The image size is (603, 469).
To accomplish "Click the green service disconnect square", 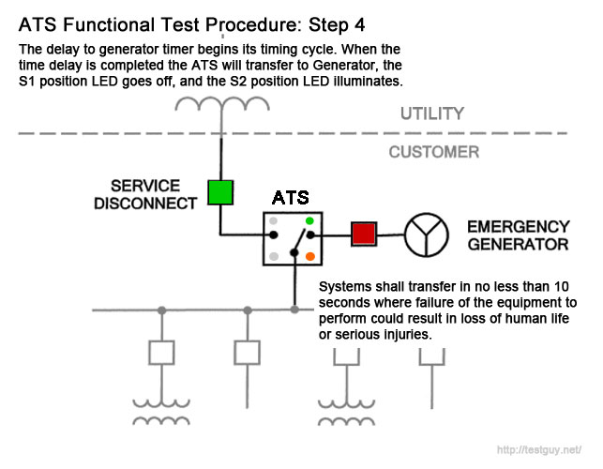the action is (220, 192).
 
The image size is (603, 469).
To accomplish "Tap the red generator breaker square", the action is (364, 234).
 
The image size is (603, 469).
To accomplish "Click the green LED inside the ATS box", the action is (309, 220).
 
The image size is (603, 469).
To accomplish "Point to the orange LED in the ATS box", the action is (310, 256).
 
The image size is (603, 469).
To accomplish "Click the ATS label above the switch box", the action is (291, 198).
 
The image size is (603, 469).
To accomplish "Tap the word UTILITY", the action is (432, 113).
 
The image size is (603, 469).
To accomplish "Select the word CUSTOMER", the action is (434, 152).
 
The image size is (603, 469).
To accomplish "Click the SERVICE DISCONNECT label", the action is (145, 195).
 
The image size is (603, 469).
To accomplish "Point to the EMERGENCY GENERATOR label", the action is (519, 235).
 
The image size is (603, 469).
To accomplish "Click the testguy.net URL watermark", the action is (539, 449).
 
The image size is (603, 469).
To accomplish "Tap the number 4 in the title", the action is (359, 25).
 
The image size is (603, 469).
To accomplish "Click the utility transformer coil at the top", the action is (222, 104).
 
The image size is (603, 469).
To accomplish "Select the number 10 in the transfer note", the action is (561, 287).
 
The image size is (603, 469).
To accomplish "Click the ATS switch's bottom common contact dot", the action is (294, 252).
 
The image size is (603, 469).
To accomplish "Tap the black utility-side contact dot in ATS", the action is (274, 234).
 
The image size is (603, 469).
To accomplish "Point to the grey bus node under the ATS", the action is (294, 310).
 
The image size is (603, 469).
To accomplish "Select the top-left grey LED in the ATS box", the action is (274, 220).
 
